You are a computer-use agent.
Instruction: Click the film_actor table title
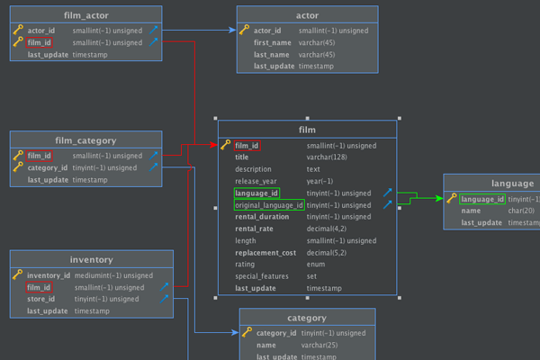pyautogui.click(x=86, y=15)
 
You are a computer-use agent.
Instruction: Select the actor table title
pyautogui.click(x=307, y=15)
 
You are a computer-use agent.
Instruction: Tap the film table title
pyautogui.click(x=307, y=130)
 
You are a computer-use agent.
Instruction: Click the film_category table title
pyautogui.click(x=86, y=140)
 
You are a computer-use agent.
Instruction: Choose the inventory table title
pyautogui.click(x=91, y=260)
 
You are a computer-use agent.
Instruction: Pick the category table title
pyautogui.click(x=307, y=318)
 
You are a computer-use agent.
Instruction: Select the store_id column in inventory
pyautogui.click(x=42, y=299)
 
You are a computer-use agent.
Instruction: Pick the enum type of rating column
pyautogui.click(x=315, y=265)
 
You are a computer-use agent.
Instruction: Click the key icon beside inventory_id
pyautogui.click(x=17, y=275)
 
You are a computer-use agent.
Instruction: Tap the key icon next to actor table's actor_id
pyautogui.click(x=244, y=30)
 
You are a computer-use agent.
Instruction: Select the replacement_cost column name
pyautogui.click(x=265, y=253)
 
